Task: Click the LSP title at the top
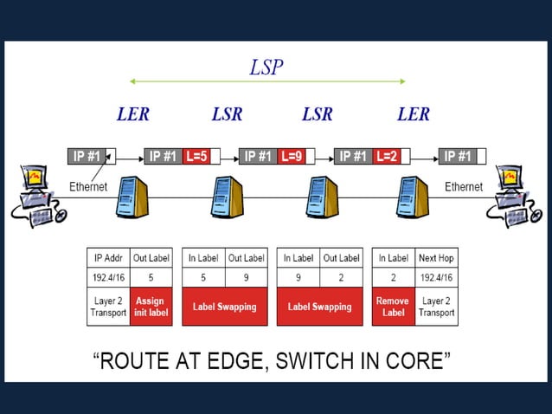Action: click(266, 67)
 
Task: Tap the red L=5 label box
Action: click(196, 157)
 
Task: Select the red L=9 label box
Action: click(291, 157)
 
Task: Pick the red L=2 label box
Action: click(386, 157)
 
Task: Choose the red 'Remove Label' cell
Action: click(394, 307)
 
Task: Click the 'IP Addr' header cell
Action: click(108, 257)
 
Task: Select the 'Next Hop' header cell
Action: click(437, 257)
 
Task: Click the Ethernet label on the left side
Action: click(88, 186)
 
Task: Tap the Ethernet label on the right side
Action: click(464, 186)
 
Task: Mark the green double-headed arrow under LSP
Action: click(267, 81)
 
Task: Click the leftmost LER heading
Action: click(132, 114)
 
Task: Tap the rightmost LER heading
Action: click(413, 114)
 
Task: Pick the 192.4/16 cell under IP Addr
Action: click(108, 277)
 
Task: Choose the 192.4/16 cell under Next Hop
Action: click(437, 277)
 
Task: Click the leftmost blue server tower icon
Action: click(131, 197)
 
